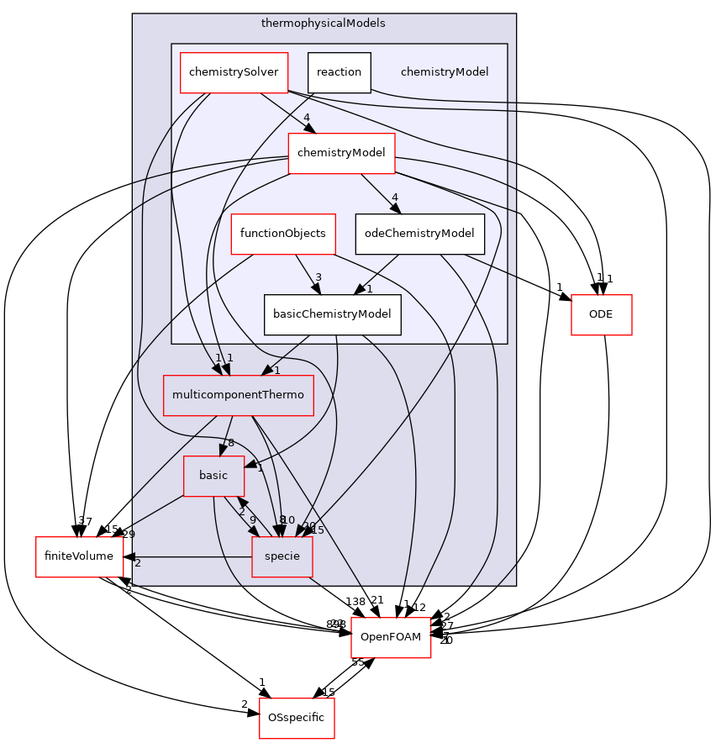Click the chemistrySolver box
tap(234, 72)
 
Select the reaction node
tap(339, 72)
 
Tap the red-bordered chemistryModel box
tap(341, 153)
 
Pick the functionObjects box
tap(283, 234)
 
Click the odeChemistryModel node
tap(419, 234)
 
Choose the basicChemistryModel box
tap(332, 314)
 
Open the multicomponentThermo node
tap(238, 395)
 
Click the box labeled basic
tap(213, 476)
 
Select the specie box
tap(282, 556)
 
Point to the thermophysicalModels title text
tap(323, 24)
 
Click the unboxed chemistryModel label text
tap(445, 72)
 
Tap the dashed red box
tap(391, 637)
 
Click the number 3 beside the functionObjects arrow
tap(319, 277)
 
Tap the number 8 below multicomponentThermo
tap(230, 443)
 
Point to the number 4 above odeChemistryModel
tap(394, 198)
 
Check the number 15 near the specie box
tap(318, 530)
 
